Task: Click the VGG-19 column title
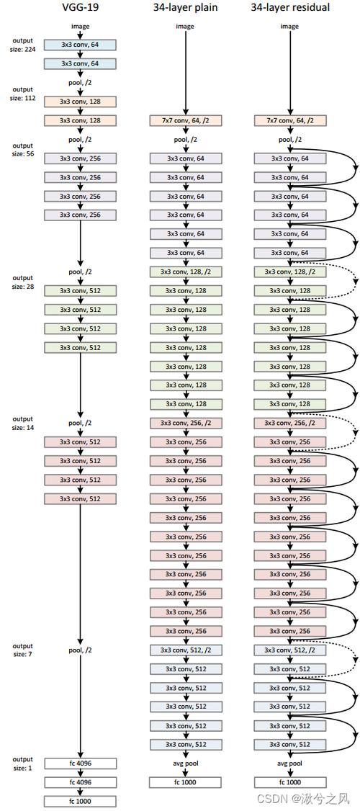[80, 7]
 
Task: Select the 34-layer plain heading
[186, 7]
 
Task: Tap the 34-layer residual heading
[289, 7]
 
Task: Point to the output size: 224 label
[23, 45]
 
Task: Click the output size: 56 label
[23, 150]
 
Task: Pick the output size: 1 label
[23, 763]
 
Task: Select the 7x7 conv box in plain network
[186, 120]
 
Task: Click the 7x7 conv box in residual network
[289, 120]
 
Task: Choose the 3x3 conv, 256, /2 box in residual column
[289, 423]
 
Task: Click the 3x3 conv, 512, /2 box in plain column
[186, 650]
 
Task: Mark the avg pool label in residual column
[289, 763]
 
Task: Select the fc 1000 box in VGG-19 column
[80, 800]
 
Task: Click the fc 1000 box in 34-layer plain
[186, 781]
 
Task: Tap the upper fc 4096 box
[80, 763]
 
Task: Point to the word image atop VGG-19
[80, 27]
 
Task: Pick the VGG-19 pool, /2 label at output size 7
[80, 650]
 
